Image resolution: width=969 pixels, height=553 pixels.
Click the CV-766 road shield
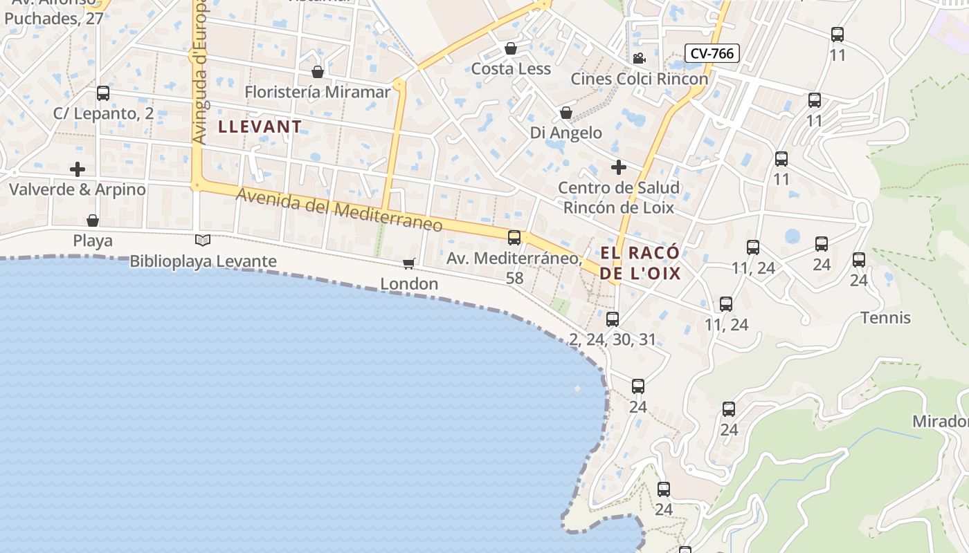pyautogui.click(x=712, y=53)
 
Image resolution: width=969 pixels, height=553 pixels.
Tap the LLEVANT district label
pyautogui.click(x=260, y=126)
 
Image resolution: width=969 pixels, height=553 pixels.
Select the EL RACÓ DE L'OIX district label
pyautogui.click(x=640, y=263)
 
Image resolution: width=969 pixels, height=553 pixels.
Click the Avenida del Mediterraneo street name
pyautogui.click(x=339, y=210)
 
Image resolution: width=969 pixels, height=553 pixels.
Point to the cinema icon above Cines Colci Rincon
pyautogui.click(x=639, y=59)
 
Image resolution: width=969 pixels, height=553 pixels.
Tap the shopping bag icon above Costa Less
pyautogui.click(x=511, y=48)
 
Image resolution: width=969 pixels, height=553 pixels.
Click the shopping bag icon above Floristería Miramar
pyautogui.click(x=318, y=72)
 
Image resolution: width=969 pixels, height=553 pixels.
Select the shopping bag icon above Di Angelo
pyautogui.click(x=566, y=113)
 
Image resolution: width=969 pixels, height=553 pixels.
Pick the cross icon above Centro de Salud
pyautogui.click(x=619, y=167)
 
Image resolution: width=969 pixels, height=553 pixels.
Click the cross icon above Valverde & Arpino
pyautogui.click(x=78, y=169)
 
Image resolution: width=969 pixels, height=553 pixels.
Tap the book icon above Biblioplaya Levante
pyautogui.click(x=203, y=241)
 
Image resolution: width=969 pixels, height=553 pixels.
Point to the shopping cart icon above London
pyautogui.click(x=409, y=263)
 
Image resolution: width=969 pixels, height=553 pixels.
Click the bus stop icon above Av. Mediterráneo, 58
pyautogui.click(x=514, y=238)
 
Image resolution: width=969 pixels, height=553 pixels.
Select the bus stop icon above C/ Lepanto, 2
pyautogui.click(x=103, y=93)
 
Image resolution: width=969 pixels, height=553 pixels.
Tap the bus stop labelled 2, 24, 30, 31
pyautogui.click(x=613, y=319)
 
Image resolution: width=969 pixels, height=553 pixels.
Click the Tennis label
pyautogui.click(x=885, y=318)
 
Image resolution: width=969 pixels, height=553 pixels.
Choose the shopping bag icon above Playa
pyautogui.click(x=93, y=221)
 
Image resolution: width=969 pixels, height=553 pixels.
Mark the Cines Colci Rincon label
pyautogui.click(x=640, y=79)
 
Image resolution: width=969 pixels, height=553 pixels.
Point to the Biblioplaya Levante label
pyautogui.click(x=203, y=261)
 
